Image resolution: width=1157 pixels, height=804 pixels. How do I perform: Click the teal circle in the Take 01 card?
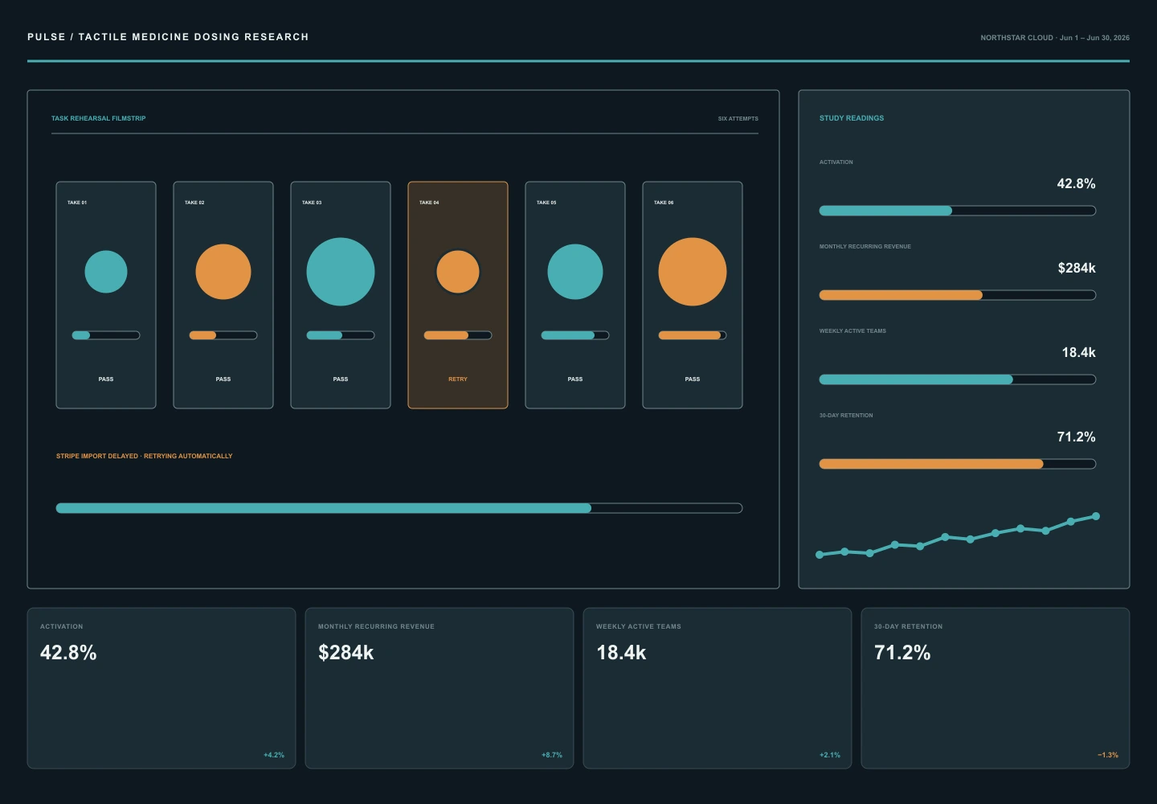coord(106,272)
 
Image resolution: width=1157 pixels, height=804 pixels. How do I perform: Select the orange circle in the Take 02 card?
coord(223,272)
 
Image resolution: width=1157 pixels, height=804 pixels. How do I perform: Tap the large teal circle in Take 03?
coord(341,272)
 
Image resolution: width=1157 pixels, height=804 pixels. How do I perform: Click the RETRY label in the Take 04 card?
coord(458,379)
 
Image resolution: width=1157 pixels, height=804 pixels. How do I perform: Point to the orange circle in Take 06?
coord(692,272)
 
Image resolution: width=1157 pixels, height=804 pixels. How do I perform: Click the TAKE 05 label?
coord(546,203)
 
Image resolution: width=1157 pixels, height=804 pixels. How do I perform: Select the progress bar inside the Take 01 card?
coord(106,335)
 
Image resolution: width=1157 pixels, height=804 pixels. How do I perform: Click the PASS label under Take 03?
coord(341,379)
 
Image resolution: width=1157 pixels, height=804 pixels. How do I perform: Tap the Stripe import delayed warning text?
coord(144,456)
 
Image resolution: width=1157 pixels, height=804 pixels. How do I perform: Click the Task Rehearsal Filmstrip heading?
coord(98,118)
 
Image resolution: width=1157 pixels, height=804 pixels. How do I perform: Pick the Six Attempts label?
coord(738,119)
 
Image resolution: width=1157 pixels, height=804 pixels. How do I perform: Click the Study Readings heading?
coord(851,118)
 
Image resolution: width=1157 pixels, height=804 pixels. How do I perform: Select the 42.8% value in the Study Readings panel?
coord(1076,183)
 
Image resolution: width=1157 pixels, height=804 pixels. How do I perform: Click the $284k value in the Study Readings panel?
coord(1077,268)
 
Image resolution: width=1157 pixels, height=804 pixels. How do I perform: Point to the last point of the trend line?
coord(1096,516)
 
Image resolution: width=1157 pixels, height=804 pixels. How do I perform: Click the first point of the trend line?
coord(820,555)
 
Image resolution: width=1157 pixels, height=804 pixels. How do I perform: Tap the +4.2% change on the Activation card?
coord(274,755)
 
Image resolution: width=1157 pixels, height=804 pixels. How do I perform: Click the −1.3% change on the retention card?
coord(1108,755)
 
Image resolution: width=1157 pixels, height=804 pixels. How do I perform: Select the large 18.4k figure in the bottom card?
coord(621,653)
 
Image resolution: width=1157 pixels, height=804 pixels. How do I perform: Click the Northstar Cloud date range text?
coord(1055,38)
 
